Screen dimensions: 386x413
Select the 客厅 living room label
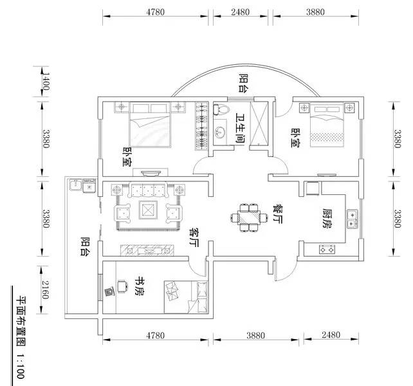(x=193, y=237)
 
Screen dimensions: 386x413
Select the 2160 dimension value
(x=46, y=289)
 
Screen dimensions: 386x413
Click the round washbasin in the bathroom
(x=221, y=133)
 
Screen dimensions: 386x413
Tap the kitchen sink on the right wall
(x=351, y=219)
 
